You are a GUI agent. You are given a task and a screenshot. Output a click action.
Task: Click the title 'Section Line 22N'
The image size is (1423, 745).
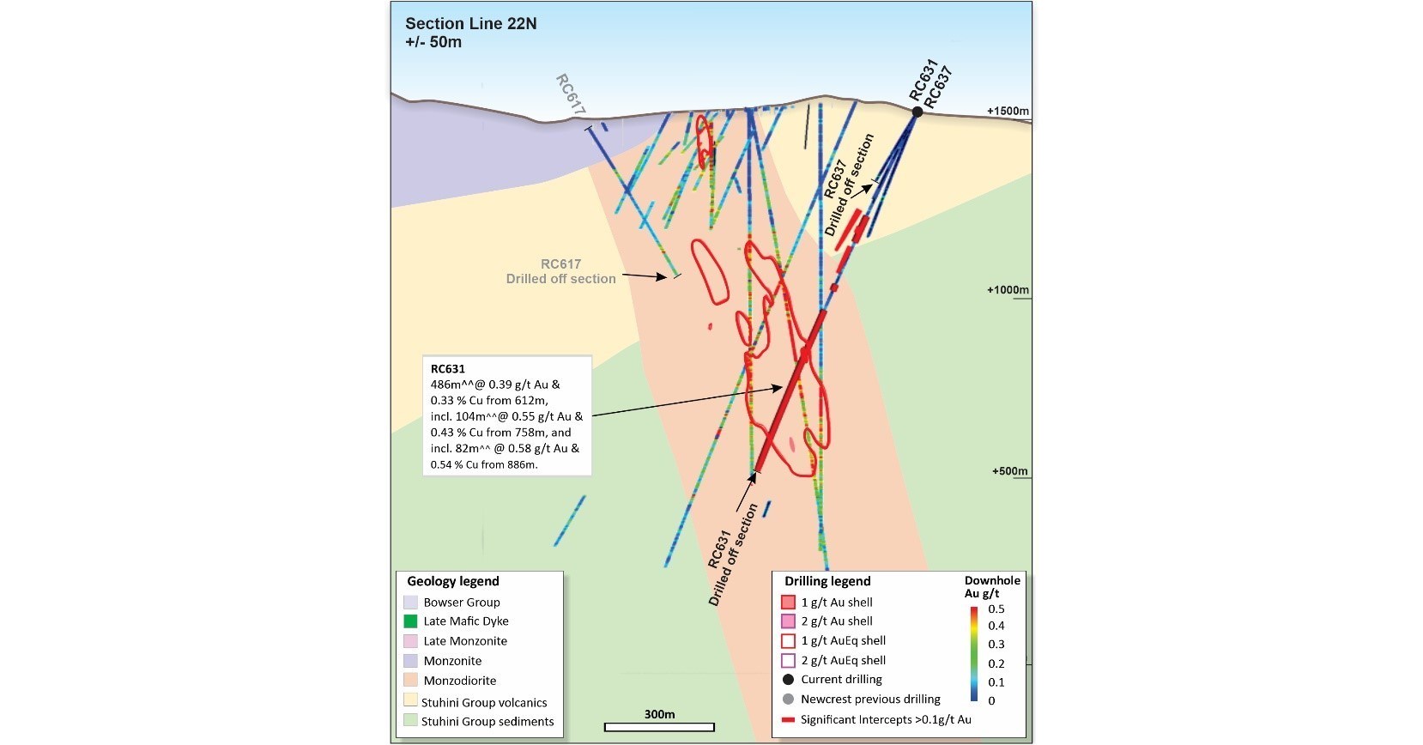pyautogui.click(x=470, y=24)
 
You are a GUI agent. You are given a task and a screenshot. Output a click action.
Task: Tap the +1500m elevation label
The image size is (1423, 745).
pyautogui.click(x=1007, y=112)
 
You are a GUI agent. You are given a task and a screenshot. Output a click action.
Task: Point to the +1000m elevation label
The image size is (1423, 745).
pyautogui.click(x=1007, y=290)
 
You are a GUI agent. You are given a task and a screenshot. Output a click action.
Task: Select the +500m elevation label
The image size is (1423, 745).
pyautogui.click(x=1009, y=471)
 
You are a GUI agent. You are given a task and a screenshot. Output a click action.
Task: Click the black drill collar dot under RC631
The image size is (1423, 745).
pyautogui.click(x=917, y=112)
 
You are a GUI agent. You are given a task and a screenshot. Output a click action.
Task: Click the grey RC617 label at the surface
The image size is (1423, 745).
pyautogui.click(x=571, y=94)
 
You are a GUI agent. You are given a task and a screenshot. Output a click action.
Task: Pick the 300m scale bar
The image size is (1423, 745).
pyautogui.click(x=659, y=727)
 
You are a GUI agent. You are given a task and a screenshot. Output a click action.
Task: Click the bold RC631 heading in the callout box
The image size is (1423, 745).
pyautogui.click(x=447, y=369)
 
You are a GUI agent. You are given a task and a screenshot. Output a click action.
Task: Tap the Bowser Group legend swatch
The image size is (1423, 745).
pyautogui.click(x=410, y=603)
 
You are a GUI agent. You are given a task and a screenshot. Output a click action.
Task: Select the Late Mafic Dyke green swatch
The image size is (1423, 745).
pyautogui.click(x=410, y=621)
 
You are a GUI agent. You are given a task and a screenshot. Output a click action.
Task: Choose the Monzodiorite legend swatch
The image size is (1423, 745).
pyautogui.click(x=410, y=681)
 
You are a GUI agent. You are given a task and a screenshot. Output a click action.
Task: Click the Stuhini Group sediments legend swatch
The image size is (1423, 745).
pyautogui.click(x=410, y=721)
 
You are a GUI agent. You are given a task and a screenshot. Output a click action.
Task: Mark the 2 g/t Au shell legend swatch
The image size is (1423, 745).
pyautogui.click(x=788, y=621)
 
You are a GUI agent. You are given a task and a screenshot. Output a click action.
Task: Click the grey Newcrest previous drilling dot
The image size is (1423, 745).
pyautogui.click(x=788, y=700)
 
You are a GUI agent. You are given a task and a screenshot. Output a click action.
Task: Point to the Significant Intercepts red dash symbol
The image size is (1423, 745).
pyautogui.click(x=788, y=720)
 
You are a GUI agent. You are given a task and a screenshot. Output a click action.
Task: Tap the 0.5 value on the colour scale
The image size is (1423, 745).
pyautogui.click(x=996, y=609)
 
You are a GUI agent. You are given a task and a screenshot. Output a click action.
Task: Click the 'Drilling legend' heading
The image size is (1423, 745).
pyautogui.click(x=827, y=581)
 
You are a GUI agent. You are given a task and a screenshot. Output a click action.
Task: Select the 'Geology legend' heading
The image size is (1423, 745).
pyautogui.click(x=452, y=581)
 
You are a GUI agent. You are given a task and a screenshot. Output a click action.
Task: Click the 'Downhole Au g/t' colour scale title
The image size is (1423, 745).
pyautogui.click(x=991, y=587)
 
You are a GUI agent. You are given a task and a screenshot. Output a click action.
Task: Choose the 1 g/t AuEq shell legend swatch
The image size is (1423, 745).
pyautogui.click(x=788, y=641)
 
